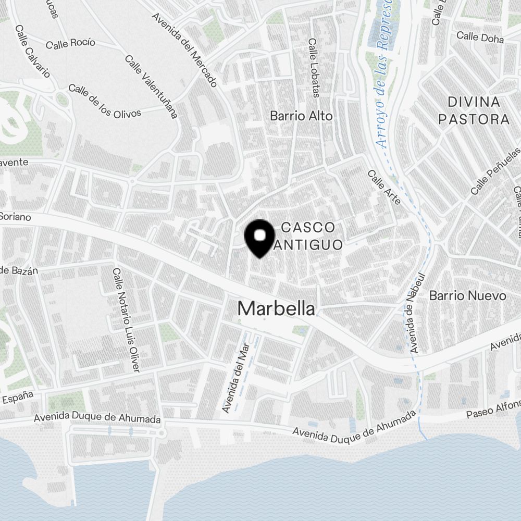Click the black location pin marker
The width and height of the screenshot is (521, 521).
[x=259, y=238]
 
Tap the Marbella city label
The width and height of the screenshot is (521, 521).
[x=276, y=308]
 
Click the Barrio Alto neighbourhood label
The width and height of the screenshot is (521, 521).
[x=301, y=116]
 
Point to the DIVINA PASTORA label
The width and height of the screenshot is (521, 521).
[x=474, y=110]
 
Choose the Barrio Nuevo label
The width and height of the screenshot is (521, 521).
[x=467, y=296]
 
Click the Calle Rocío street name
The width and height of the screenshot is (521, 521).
[x=70, y=44]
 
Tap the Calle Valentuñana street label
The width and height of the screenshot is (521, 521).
[x=151, y=85]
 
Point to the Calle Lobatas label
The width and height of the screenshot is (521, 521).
[x=313, y=68]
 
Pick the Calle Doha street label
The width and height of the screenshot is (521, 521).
[x=480, y=38]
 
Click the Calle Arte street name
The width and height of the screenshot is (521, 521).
[x=384, y=187]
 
